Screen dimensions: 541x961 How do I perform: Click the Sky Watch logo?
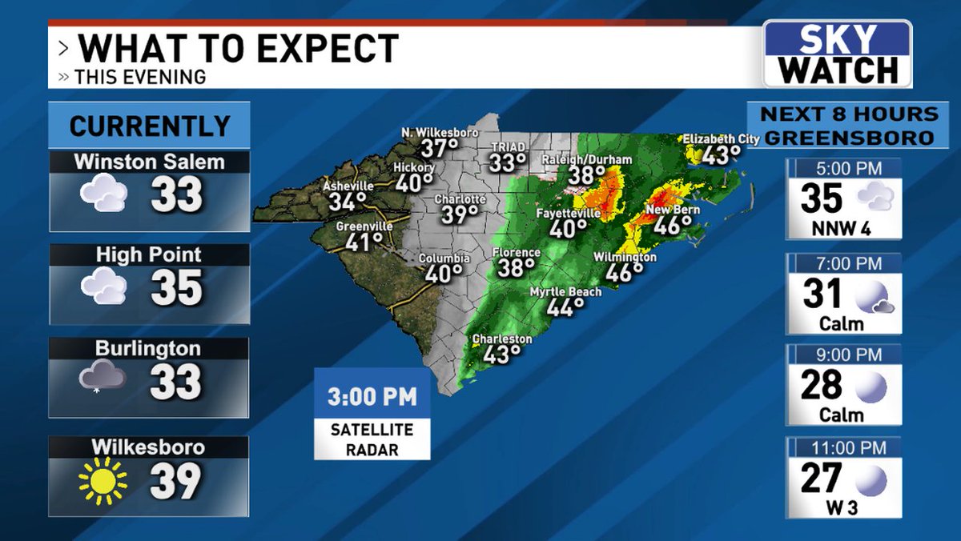click(837, 54)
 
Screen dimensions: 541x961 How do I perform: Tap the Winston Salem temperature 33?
click(177, 194)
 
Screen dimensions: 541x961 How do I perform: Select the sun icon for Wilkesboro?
click(103, 480)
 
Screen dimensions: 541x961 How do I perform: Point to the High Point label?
click(148, 255)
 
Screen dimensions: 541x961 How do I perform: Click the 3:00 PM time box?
click(372, 396)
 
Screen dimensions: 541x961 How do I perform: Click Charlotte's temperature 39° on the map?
click(458, 214)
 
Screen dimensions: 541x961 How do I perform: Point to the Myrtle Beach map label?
click(565, 292)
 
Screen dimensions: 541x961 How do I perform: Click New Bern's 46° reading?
click(672, 225)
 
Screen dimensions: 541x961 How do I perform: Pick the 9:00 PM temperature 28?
click(822, 386)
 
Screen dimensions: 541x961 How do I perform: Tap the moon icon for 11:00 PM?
click(870, 480)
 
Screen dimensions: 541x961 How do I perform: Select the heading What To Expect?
click(238, 49)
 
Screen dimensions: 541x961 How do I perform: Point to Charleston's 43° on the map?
click(497, 354)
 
